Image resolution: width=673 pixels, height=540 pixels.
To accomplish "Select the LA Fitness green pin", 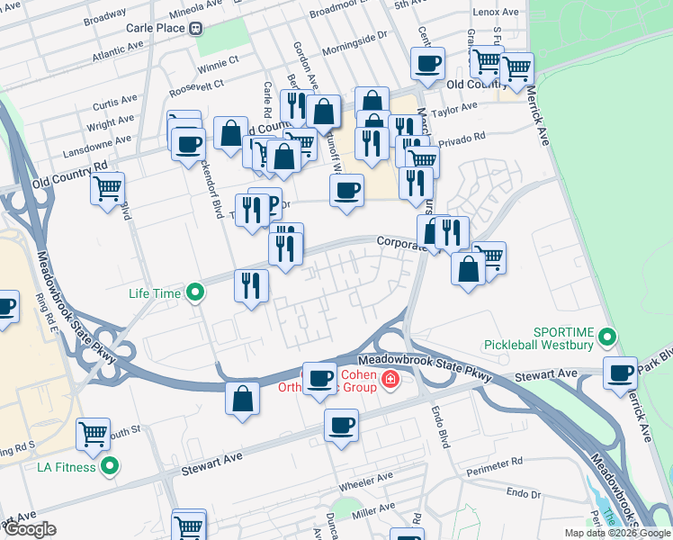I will [110, 465].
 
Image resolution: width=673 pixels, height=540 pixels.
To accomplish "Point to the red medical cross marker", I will [389, 380].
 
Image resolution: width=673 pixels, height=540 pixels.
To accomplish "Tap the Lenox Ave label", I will [498, 13].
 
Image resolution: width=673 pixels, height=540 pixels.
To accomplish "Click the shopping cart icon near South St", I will [94, 435].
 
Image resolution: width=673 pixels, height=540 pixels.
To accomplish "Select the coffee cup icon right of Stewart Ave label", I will [619, 371].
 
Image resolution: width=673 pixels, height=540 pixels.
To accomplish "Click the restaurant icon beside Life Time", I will [251, 285].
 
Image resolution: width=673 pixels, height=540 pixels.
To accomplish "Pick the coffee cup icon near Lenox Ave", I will [427, 63].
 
